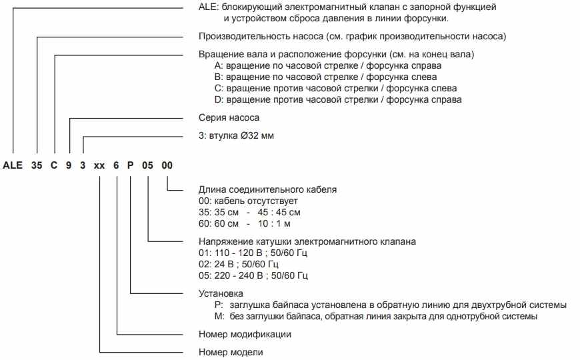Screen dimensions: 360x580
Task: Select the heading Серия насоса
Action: (229, 117)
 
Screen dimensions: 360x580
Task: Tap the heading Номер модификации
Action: (245, 334)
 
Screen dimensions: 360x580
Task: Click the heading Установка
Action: (221, 293)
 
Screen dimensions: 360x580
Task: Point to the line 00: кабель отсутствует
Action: (249, 201)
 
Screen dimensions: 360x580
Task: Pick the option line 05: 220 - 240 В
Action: (253, 275)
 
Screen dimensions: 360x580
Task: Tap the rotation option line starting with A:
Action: (327, 66)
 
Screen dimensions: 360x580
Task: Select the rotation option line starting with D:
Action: (337, 100)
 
